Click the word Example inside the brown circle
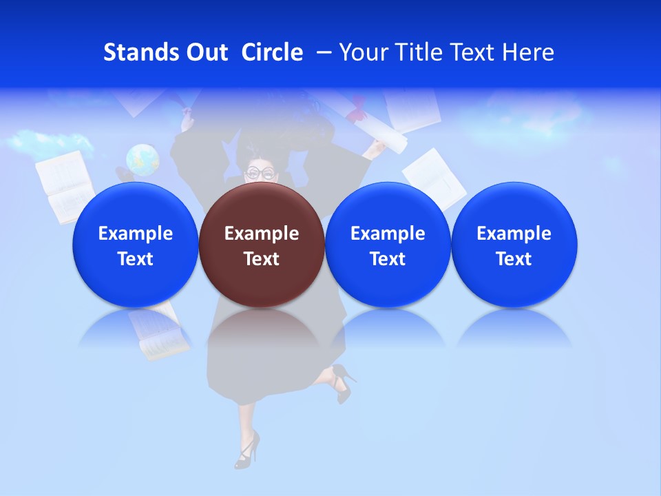click(262, 234)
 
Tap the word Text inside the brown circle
click(262, 259)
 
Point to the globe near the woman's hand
click(143, 160)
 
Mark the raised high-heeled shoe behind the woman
click(343, 382)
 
